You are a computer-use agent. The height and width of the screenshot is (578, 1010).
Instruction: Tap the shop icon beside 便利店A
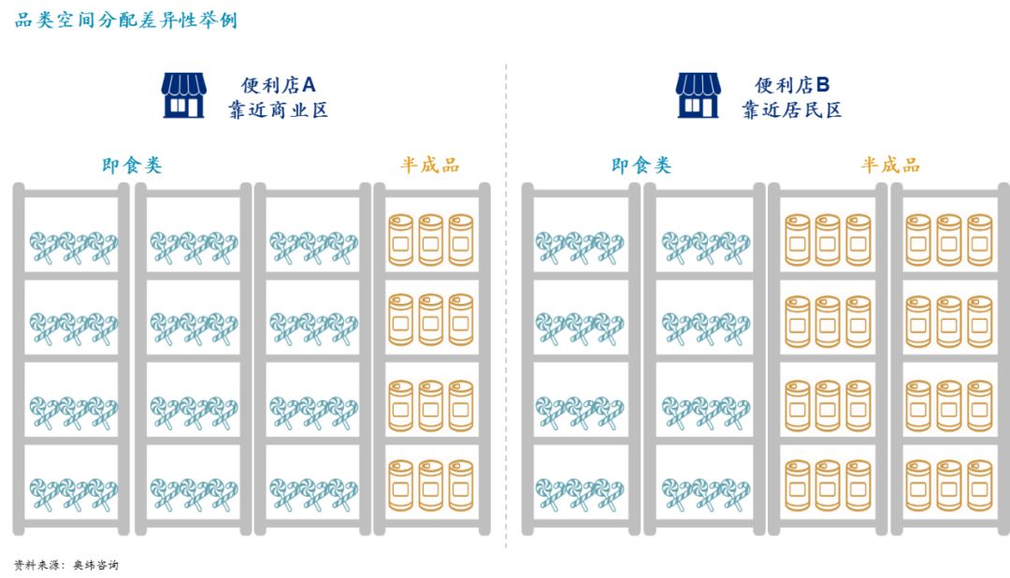(182, 95)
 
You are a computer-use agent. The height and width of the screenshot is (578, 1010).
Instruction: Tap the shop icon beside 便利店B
(698, 95)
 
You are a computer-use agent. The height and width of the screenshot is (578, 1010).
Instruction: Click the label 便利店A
(279, 85)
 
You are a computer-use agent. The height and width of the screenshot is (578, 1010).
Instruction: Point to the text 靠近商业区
(279, 110)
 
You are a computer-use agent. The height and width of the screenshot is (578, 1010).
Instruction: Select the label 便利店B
(793, 85)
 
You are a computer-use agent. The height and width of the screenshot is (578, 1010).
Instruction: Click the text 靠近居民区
(792, 110)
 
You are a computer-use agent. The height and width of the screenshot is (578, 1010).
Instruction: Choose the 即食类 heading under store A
(132, 166)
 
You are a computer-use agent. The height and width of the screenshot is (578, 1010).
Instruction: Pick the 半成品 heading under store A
(430, 166)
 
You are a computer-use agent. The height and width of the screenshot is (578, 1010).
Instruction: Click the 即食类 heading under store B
(642, 166)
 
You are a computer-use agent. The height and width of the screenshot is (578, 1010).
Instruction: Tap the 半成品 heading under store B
(890, 166)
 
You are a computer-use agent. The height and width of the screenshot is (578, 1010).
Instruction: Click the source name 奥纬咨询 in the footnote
(96, 565)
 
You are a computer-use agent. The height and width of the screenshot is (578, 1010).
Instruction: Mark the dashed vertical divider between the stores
(506, 309)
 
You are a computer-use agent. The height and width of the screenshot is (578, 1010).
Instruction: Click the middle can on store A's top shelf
(430, 239)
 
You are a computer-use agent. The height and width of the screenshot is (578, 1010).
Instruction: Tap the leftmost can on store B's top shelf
(797, 239)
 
